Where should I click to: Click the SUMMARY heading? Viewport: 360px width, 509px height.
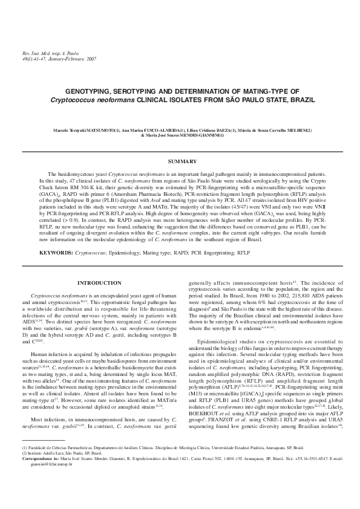pos(180,161)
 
